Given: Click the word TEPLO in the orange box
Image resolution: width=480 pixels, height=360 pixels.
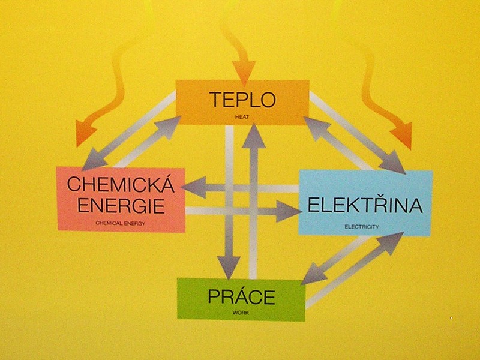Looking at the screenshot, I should tap(242, 100).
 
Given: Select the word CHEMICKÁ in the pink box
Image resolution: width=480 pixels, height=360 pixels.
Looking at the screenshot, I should tap(120, 185).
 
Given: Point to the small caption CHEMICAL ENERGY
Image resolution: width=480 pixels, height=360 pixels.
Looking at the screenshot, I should tap(121, 223).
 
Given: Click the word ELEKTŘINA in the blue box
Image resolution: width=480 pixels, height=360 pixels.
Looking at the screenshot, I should tap(365, 205).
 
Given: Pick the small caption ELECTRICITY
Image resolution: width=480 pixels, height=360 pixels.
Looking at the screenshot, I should tap(364, 227).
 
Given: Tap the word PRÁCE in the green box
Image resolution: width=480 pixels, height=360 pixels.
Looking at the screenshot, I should tap(241, 296).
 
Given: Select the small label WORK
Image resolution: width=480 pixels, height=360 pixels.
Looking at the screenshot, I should tap(240, 313).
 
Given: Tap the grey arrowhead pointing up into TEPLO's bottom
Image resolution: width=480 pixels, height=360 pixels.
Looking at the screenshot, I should tap(254, 135).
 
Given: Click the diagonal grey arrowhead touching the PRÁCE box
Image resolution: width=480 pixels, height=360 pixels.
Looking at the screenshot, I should tap(313, 275).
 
